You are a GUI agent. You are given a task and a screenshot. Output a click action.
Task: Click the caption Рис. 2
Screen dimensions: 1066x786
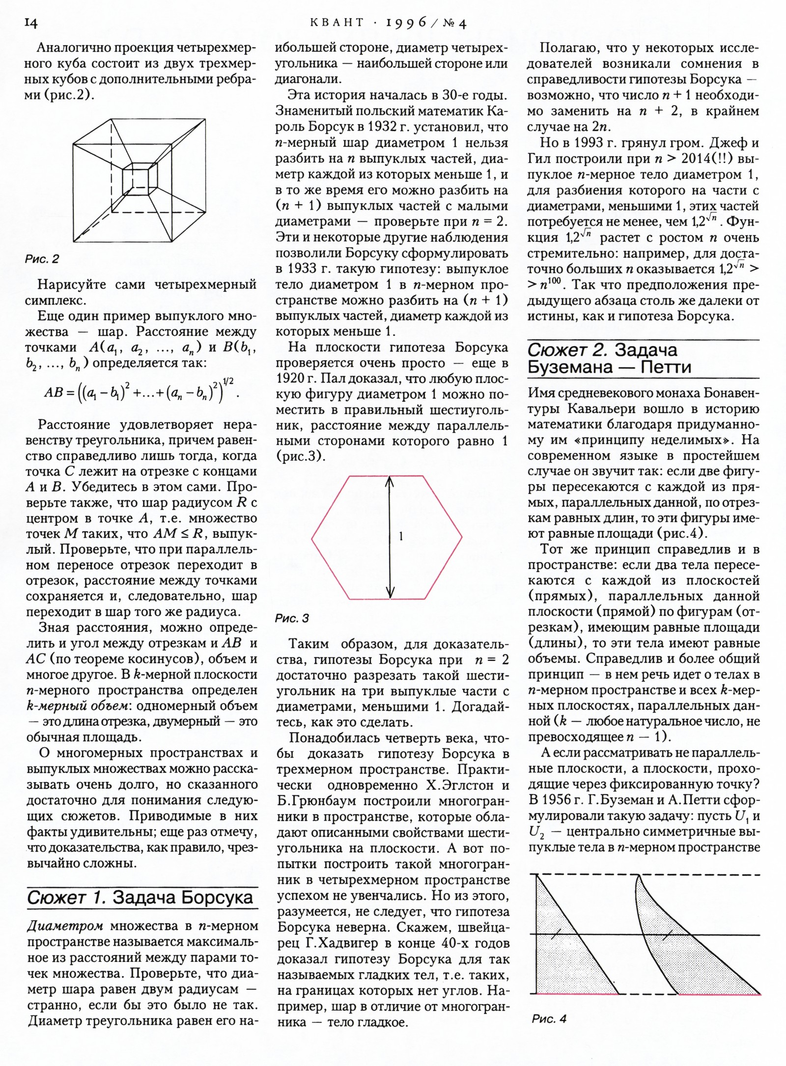tap(42, 259)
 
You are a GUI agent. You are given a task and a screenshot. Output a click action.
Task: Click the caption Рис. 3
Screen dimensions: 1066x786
tap(292, 618)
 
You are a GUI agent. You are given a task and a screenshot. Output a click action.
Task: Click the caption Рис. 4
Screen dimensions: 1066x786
tap(549, 1019)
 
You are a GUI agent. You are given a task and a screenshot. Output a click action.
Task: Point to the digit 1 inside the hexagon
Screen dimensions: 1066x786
tap(401, 537)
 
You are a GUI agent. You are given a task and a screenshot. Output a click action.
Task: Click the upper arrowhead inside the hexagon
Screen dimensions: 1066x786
tap(390, 482)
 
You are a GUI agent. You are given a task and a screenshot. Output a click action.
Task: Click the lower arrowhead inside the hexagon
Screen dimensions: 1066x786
tap(390, 593)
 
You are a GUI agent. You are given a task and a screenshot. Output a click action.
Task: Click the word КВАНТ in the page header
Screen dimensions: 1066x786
tap(338, 23)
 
